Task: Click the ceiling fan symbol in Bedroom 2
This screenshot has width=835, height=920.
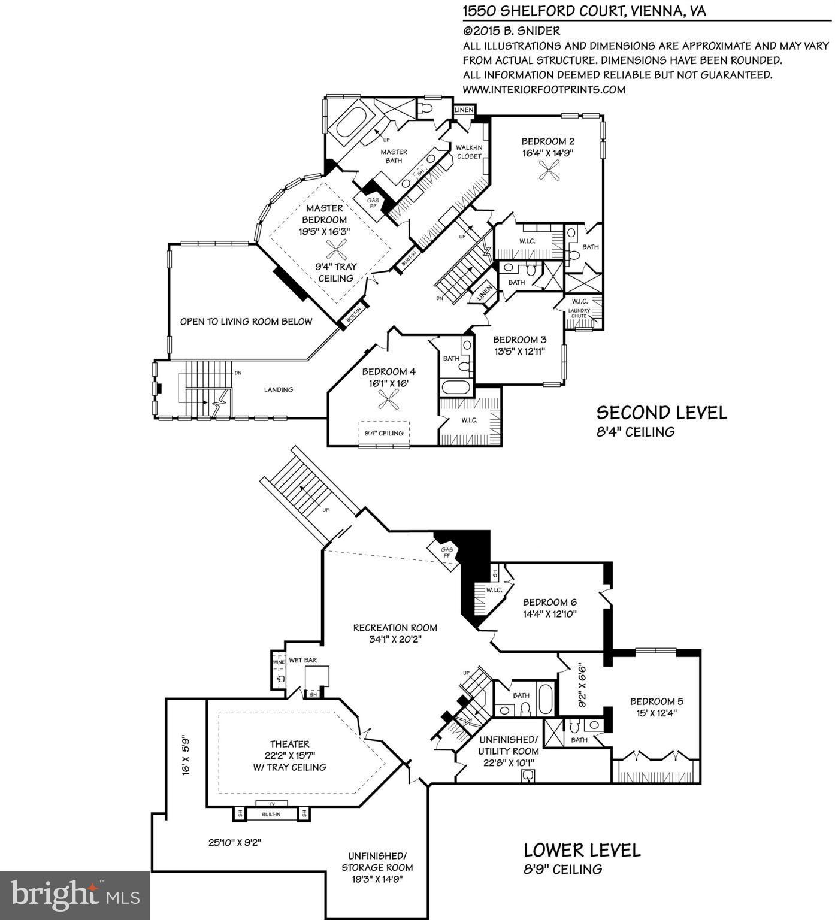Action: (548, 173)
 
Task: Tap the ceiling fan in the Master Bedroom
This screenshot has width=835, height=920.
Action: (337, 249)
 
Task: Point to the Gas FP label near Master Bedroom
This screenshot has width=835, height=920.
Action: (373, 203)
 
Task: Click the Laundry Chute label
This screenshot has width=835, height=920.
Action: (579, 313)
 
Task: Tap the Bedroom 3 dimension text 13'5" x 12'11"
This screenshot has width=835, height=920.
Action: (519, 352)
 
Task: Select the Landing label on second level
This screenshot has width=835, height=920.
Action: (279, 389)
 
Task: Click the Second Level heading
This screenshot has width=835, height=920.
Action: (661, 413)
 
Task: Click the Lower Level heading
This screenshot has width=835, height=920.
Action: (582, 850)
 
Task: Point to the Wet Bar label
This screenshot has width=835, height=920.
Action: (302, 660)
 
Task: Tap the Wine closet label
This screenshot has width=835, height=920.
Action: (278, 662)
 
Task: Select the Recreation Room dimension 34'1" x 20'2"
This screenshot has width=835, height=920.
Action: (395, 639)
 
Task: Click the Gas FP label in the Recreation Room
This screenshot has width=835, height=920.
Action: (446, 552)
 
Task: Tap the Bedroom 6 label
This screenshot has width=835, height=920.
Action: (549, 602)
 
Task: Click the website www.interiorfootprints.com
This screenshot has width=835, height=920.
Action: (544, 90)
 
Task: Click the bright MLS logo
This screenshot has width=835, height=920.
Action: (75, 895)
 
